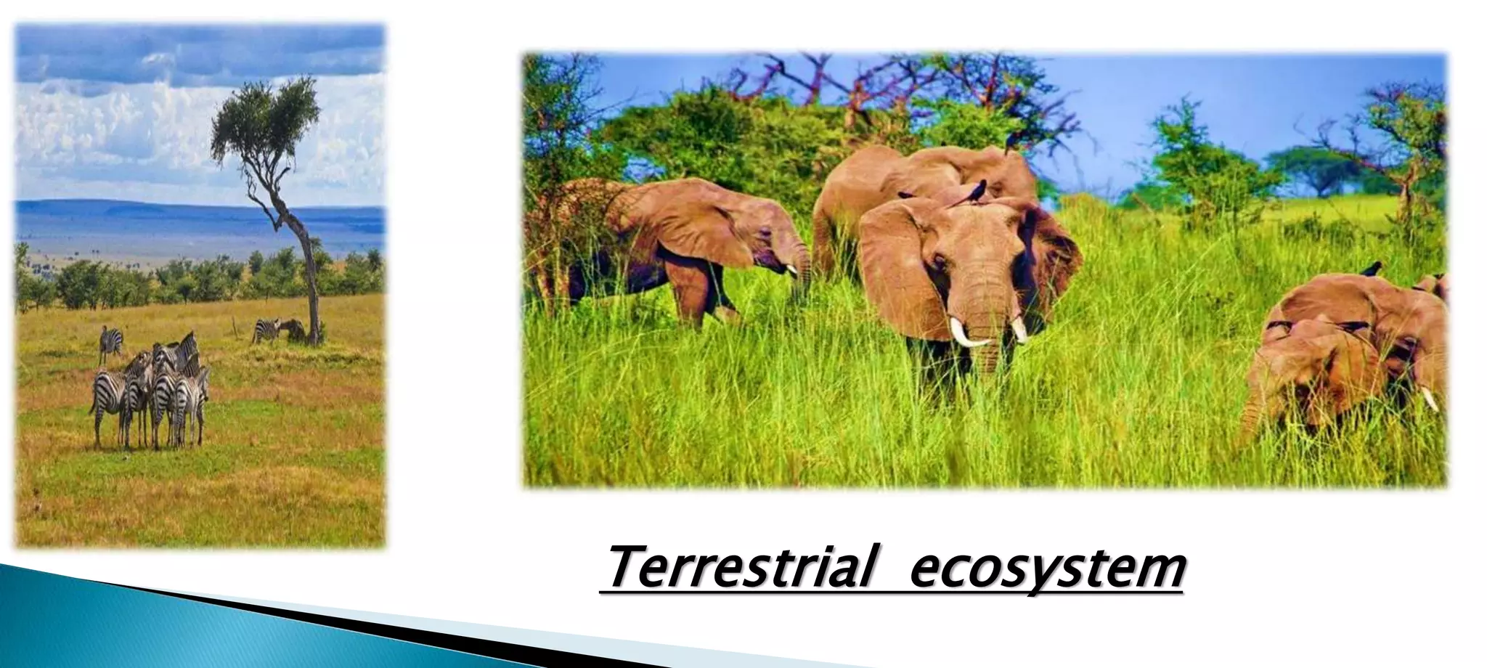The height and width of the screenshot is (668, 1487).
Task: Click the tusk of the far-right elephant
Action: click(1429, 399)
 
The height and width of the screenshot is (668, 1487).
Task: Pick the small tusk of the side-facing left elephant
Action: click(793, 270)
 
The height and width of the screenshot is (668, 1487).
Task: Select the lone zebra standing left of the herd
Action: click(110, 342)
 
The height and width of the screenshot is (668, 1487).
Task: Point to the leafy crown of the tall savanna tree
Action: click(265, 116)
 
